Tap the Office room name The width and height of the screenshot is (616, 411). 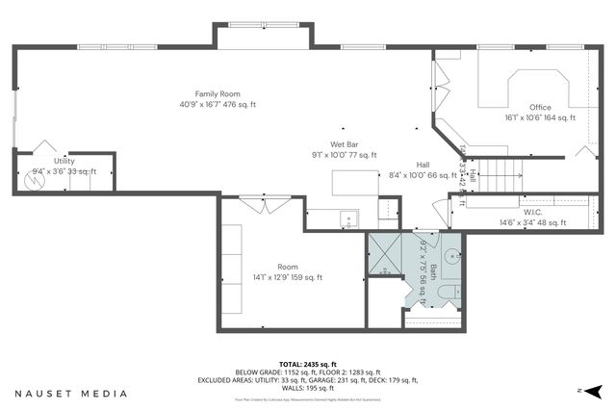point(539,107)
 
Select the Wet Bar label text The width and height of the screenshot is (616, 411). point(345,144)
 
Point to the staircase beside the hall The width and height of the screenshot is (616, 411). point(500,175)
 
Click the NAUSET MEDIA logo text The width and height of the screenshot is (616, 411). point(71,393)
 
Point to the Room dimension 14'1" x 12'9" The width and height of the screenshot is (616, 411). point(287,277)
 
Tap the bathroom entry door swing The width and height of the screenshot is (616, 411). point(432,241)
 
